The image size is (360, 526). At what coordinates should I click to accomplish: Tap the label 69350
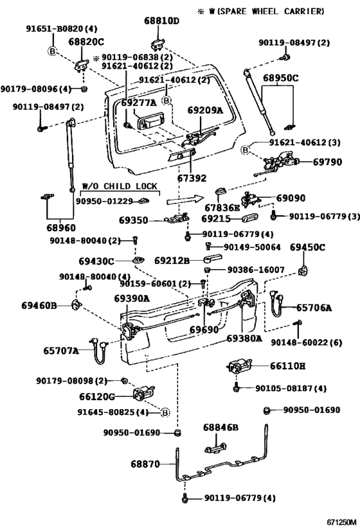point(133,220)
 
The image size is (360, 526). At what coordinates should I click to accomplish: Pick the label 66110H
point(287,366)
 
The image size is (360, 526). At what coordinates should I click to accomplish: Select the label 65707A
point(61,351)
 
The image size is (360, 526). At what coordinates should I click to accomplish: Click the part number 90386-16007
point(256,271)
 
